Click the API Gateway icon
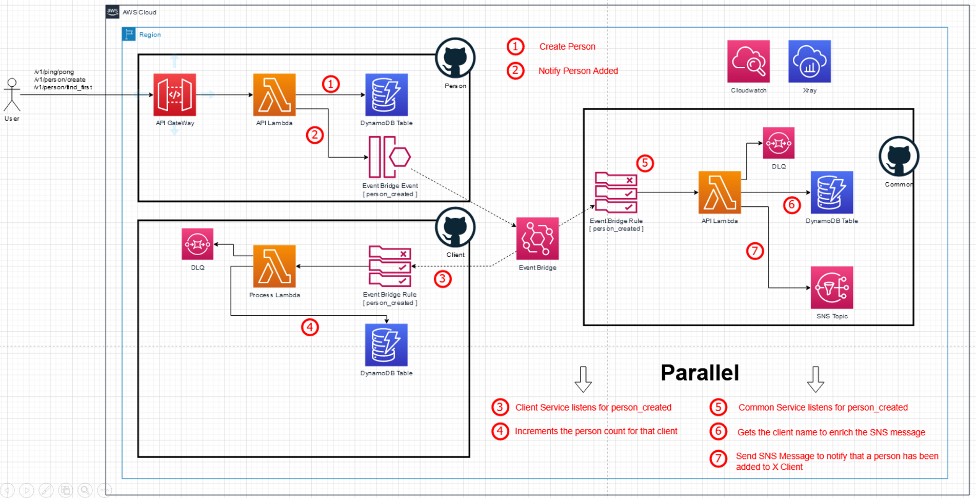tap(174, 94)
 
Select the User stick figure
tap(12, 95)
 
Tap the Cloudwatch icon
tap(748, 62)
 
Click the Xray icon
tap(809, 62)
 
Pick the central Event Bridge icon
tap(537, 239)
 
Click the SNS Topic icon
tap(831, 288)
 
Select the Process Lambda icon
tap(274, 266)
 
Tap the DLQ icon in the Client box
tap(197, 244)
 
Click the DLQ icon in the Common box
tap(779, 143)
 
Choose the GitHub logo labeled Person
tap(455, 58)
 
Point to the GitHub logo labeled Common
tap(899, 157)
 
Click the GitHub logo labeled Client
tap(455, 228)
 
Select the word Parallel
tap(700, 373)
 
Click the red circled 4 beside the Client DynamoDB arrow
tap(310, 327)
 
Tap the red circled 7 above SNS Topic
tap(754, 251)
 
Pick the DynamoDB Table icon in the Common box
tap(831, 193)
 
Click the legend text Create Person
tap(567, 47)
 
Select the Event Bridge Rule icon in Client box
tap(390, 266)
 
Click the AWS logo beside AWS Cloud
tap(113, 12)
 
